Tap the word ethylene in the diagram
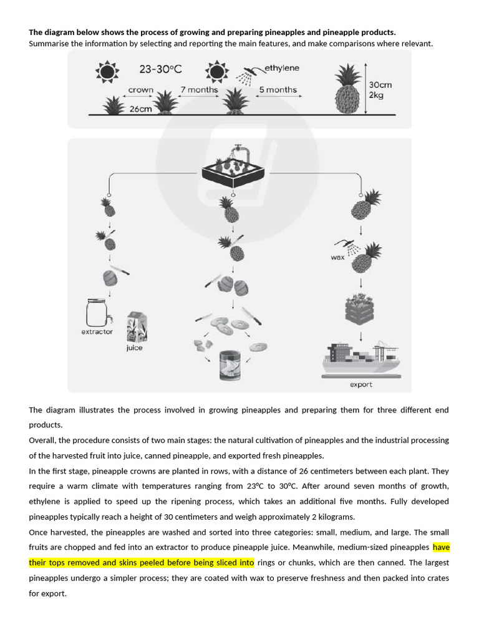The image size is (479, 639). tap(282, 67)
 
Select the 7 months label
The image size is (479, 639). tap(199, 90)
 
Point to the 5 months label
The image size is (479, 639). tap(278, 90)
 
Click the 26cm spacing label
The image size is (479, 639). tap(141, 109)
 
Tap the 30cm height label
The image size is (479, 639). tap(380, 84)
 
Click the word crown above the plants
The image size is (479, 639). tap(140, 90)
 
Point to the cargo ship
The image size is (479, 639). tap(361, 359)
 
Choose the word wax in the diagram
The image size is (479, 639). tap(337, 257)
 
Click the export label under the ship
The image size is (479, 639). tap(360, 385)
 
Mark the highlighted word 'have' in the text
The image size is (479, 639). tap(441, 547)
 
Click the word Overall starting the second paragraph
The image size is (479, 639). tap(42, 440)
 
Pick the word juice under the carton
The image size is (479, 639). tap(134, 348)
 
